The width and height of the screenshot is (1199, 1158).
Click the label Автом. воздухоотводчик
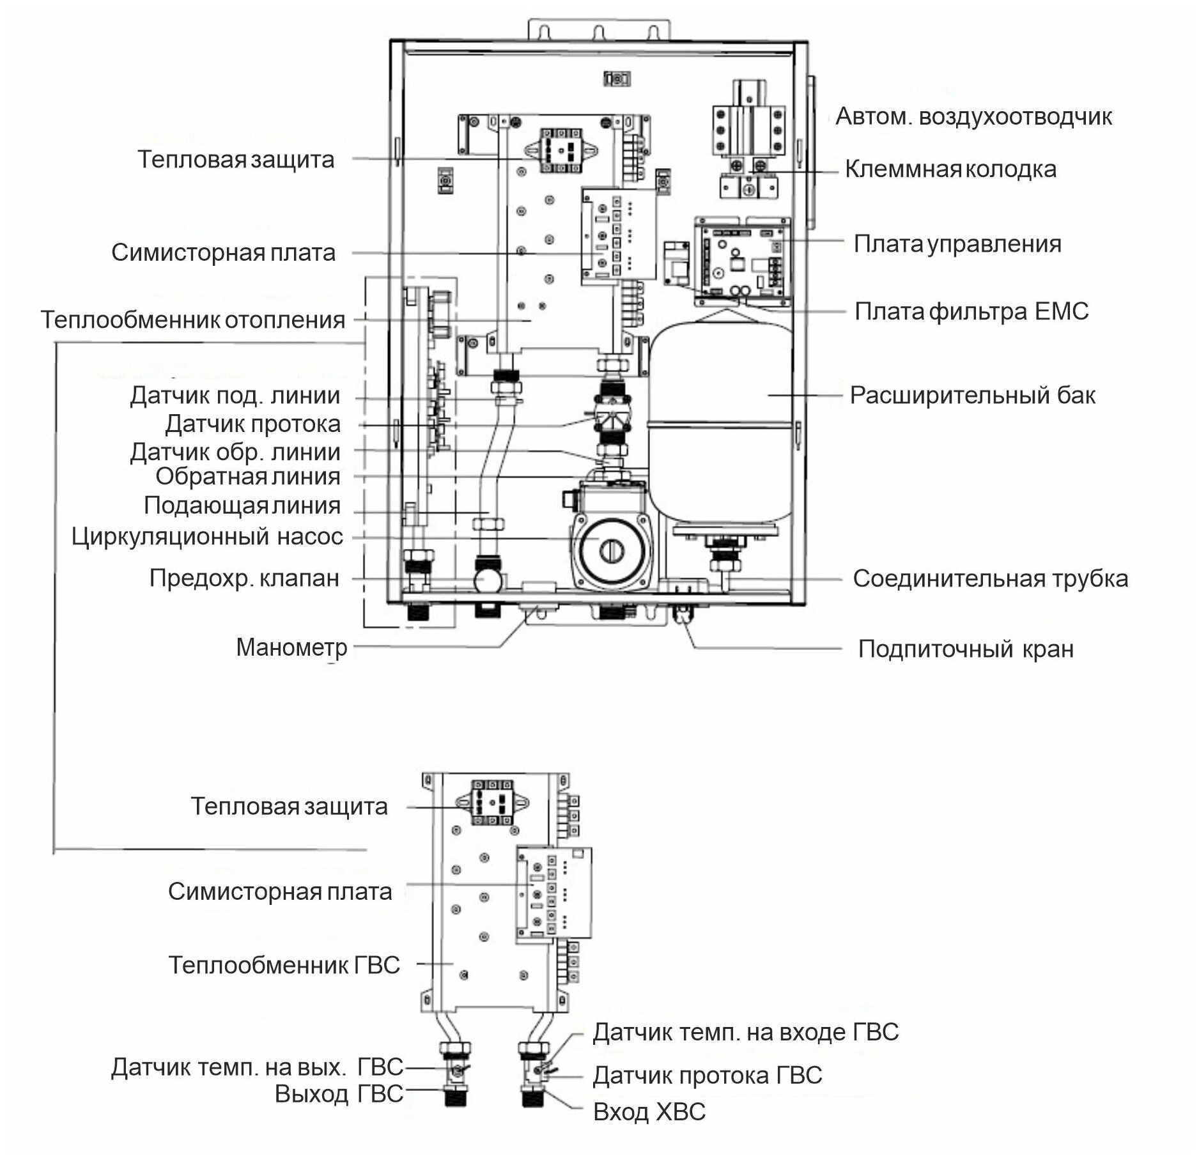coord(974,117)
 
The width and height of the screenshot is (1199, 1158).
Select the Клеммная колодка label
coord(950,169)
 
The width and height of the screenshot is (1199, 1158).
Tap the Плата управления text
coord(957,244)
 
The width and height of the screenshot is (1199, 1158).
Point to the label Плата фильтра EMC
coord(971,312)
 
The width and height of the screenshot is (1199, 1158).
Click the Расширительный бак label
coord(972,396)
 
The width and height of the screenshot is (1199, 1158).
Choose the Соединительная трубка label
coord(990,579)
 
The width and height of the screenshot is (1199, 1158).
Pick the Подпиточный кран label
coord(965,649)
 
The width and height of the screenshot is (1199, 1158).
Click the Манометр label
coord(291,648)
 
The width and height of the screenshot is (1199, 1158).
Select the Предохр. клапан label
coord(244,578)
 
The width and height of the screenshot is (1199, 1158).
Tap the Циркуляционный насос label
coord(207,537)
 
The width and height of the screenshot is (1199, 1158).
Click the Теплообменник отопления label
coord(193,320)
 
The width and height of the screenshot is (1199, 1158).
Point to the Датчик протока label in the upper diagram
coord(253,424)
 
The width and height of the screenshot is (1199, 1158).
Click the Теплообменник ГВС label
coord(284,965)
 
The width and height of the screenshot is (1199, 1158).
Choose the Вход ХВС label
coord(649,1113)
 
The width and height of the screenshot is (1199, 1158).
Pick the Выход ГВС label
coord(339,1094)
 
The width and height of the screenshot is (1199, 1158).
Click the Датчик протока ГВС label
coord(707,1076)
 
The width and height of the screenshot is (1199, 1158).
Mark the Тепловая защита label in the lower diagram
coord(289,807)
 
